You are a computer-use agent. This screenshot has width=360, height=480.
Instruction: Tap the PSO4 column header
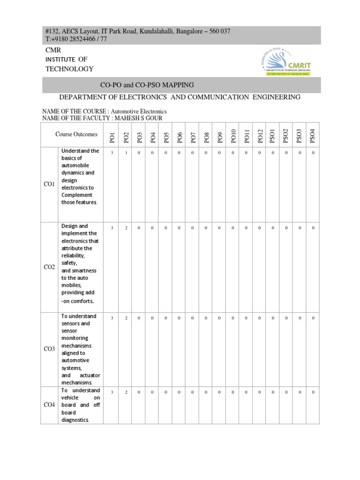(x=313, y=136)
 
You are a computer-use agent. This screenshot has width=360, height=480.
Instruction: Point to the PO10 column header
(x=233, y=135)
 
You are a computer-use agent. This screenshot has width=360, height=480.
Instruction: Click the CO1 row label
(x=49, y=184)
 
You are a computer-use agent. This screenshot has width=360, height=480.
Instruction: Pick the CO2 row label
(x=49, y=267)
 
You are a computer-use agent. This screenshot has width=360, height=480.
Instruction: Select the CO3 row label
(x=49, y=349)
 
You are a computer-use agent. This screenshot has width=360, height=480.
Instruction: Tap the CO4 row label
(x=49, y=405)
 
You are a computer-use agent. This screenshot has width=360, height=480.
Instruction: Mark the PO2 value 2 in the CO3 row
(x=126, y=318)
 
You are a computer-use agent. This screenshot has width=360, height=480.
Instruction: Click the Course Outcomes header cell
(x=76, y=135)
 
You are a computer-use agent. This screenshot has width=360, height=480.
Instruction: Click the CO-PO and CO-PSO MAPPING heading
(x=147, y=85)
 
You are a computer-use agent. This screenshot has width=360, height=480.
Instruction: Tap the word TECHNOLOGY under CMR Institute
(x=69, y=69)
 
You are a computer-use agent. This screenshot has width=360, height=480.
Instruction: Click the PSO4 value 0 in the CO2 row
(x=313, y=228)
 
